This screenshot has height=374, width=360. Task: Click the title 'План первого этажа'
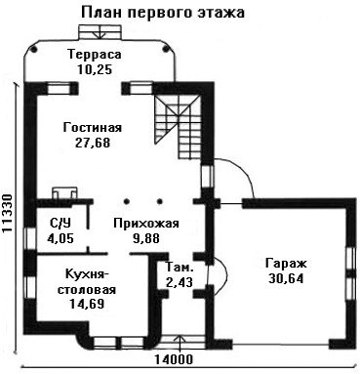(x=163, y=13)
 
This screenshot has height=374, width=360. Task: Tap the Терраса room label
(x=95, y=54)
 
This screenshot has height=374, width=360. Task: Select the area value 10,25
(x=95, y=69)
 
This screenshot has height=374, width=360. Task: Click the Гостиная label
(x=93, y=127)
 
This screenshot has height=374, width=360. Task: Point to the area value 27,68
(x=93, y=143)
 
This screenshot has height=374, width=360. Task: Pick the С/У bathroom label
(x=60, y=224)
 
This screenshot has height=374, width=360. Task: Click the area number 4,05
(x=60, y=238)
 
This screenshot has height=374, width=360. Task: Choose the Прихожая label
(x=146, y=224)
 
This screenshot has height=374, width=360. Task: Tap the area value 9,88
(x=146, y=238)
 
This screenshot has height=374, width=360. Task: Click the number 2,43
(x=180, y=282)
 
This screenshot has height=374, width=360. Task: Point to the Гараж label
(x=286, y=264)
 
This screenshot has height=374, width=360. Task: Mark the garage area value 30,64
(x=286, y=278)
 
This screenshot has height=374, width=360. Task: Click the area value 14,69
(x=87, y=304)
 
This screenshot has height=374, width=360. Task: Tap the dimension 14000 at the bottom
(x=174, y=359)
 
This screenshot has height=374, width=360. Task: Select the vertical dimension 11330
(x=7, y=214)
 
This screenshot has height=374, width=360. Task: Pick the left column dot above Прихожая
(x=127, y=201)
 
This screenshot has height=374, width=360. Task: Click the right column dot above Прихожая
(x=160, y=201)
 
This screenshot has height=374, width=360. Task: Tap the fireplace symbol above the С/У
(x=65, y=192)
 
